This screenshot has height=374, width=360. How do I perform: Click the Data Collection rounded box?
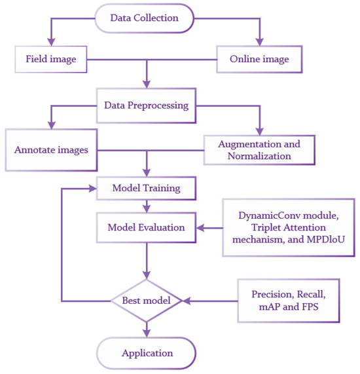click(x=145, y=18)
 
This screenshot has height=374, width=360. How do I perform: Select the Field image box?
click(x=51, y=60)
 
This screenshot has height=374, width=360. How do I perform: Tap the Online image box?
click(x=259, y=60)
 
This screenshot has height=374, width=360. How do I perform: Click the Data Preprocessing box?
click(x=146, y=105)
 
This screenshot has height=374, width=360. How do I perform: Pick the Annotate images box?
click(x=50, y=149)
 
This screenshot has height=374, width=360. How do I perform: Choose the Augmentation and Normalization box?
click(x=259, y=149)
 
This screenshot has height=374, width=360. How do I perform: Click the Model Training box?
click(x=145, y=188)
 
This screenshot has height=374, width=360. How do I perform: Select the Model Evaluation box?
click(x=145, y=227)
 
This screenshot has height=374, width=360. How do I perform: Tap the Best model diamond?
click(x=145, y=301)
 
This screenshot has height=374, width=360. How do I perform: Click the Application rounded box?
click(x=146, y=354)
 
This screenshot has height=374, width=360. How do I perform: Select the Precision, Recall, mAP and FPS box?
click(x=289, y=301)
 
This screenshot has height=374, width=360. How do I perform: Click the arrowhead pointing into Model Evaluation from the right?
click(x=200, y=228)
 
